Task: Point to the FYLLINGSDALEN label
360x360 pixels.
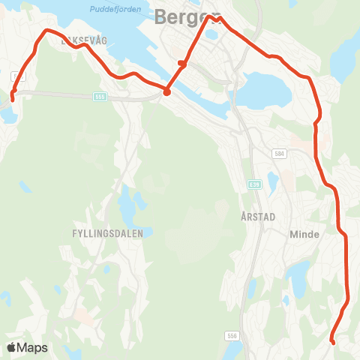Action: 107,234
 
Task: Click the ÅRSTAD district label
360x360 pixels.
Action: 259,216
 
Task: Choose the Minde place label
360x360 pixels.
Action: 304,234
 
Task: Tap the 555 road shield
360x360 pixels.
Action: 100,97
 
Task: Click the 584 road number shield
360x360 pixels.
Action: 280,154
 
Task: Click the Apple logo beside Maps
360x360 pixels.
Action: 11,347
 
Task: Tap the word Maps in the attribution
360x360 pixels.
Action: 33,347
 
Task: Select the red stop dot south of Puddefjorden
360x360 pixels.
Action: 166,93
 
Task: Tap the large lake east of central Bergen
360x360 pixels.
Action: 266,90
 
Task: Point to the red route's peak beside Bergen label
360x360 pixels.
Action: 210,16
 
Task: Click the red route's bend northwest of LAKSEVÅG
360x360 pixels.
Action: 47,31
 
